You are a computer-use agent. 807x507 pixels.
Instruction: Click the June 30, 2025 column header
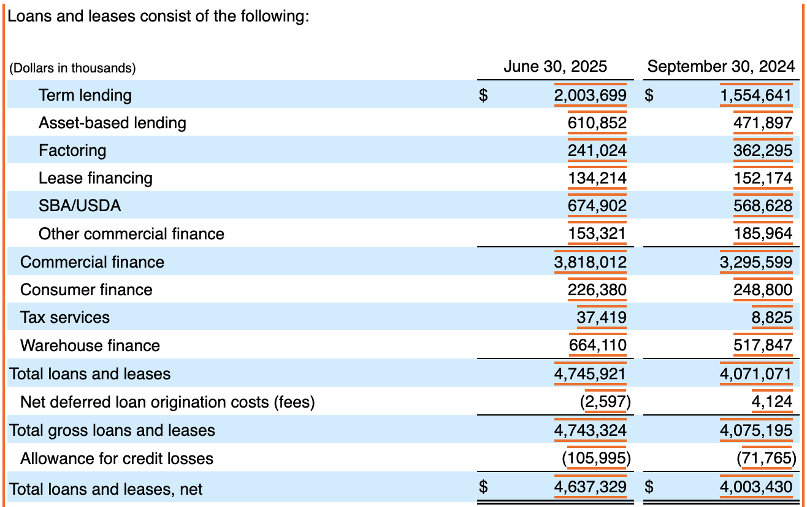click(x=555, y=66)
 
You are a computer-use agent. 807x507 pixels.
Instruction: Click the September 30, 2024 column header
click(x=721, y=66)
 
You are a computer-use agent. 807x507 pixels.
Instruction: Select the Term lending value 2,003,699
click(x=591, y=95)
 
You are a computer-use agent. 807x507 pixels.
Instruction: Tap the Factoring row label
click(x=72, y=150)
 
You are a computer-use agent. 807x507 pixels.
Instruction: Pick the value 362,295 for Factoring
click(x=763, y=150)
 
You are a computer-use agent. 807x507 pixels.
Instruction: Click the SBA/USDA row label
click(x=80, y=206)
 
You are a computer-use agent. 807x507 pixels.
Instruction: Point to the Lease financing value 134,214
click(x=597, y=178)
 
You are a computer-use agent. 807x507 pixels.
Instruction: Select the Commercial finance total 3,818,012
click(x=591, y=262)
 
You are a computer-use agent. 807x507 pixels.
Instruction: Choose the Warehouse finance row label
click(x=90, y=346)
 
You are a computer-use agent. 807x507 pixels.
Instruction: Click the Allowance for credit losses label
click(x=117, y=459)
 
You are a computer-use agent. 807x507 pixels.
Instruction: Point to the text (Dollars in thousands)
click(x=72, y=68)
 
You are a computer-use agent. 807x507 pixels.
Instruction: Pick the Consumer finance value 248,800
click(x=763, y=290)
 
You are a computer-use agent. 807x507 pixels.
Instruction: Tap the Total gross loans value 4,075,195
click(x=756, y=430)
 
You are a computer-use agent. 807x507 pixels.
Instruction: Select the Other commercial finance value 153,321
click(x=597, y=234)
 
